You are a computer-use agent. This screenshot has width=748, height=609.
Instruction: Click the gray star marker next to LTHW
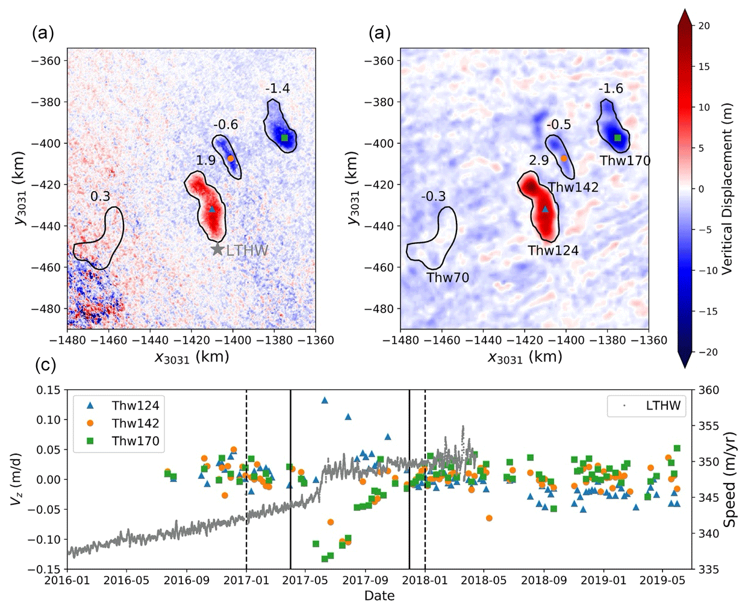[x=217, y=249]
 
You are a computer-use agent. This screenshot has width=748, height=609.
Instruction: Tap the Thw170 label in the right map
[x=625, y=160]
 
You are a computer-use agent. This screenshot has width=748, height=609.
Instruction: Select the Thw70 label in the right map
[x=447, y=277]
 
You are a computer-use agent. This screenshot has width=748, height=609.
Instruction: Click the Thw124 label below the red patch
[x=553, y=250]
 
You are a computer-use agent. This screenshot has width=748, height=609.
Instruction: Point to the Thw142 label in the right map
[x=573, y=187]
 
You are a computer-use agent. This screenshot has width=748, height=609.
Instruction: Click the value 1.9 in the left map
[x=206, y=160]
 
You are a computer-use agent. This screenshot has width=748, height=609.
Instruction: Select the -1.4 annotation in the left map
[x=277, y=89]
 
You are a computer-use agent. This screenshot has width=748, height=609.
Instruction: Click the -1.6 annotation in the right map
[x=611, y=89]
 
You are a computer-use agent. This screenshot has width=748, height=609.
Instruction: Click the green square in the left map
[x=285, y=138]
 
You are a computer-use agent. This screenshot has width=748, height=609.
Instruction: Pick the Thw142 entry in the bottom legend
[x=136, y=423]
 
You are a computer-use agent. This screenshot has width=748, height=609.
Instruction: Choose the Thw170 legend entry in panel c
[x=136, y=441]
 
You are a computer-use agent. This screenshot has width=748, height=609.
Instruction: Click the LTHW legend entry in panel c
[x=662, y=405]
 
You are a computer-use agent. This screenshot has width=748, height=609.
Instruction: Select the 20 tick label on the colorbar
[x=704, y=26]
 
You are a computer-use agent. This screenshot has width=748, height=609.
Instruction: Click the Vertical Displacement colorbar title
[x=727, y=189]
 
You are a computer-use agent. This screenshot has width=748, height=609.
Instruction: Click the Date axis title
[x=379, y=596]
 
